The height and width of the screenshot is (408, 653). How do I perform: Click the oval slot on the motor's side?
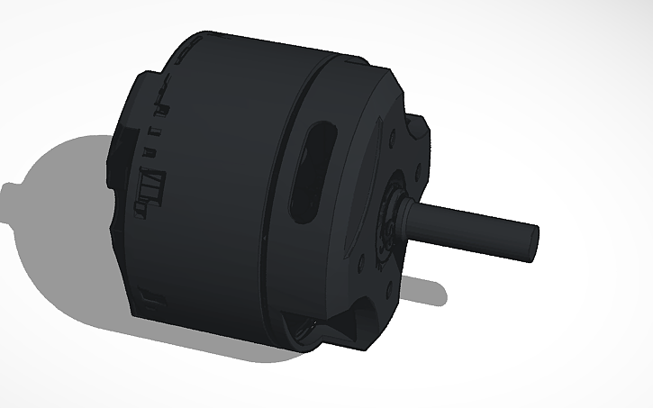point(311,171)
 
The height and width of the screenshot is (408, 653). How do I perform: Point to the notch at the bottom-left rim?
point(153,297)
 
